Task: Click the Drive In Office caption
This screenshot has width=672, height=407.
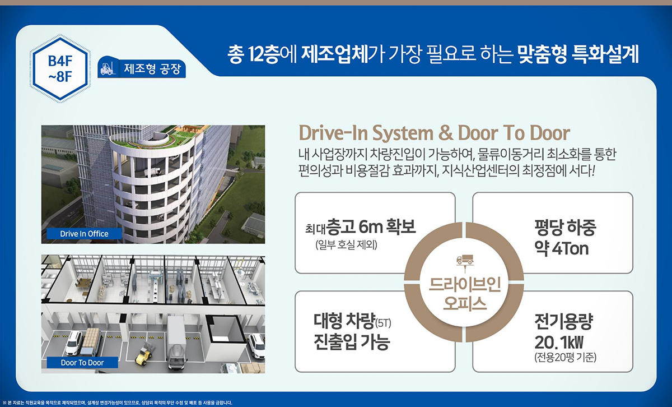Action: point(84,233)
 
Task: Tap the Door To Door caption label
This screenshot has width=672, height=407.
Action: point(82,362)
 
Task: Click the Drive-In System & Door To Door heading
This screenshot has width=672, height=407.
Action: point(435,133)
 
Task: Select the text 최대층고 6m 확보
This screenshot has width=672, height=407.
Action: point(361,228)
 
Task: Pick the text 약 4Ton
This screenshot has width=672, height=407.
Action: point(562,248)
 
